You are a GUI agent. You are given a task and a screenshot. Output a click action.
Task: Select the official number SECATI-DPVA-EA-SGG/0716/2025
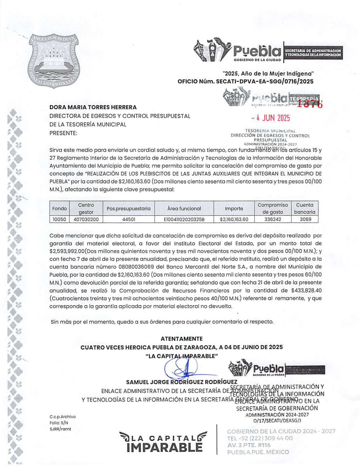click(265, 82)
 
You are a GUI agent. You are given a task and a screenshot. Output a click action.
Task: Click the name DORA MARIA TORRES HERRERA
click(93, 107)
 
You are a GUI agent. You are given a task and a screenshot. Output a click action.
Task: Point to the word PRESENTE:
click(63, 133)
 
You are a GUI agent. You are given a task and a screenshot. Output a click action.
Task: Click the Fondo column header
click(59, 208)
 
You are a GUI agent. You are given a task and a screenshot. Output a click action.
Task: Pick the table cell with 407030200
click(86, 219)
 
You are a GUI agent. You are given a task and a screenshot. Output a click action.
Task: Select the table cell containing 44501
click(128, 219)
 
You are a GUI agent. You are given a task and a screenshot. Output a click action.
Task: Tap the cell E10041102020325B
click(184, 219)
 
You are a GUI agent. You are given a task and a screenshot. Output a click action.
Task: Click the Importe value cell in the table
click(234, 219)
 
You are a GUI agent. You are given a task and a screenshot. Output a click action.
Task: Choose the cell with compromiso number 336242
click(272, 219)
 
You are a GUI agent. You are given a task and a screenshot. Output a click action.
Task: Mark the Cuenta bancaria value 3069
click(305, 219)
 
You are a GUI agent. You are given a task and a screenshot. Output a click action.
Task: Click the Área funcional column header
click(184, 208)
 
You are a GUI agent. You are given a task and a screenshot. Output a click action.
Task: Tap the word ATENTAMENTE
click(182, 339)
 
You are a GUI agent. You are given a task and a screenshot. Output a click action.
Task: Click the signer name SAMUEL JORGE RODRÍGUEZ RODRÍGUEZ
click(182, 382)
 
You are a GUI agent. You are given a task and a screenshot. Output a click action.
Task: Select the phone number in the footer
click(260, 438)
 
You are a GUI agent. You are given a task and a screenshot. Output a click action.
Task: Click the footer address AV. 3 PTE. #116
click(249, 445)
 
